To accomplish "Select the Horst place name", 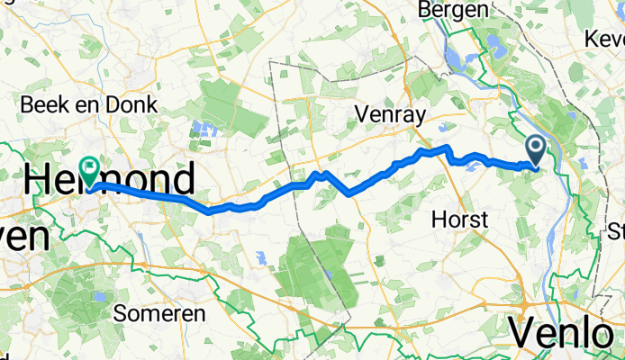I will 459,219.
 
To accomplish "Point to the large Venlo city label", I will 566,334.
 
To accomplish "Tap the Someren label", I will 159,314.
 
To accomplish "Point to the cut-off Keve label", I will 604,40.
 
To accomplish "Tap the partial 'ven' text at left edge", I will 23,238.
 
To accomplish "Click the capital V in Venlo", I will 525,334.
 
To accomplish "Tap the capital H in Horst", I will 439,219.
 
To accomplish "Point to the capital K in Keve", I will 591,40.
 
